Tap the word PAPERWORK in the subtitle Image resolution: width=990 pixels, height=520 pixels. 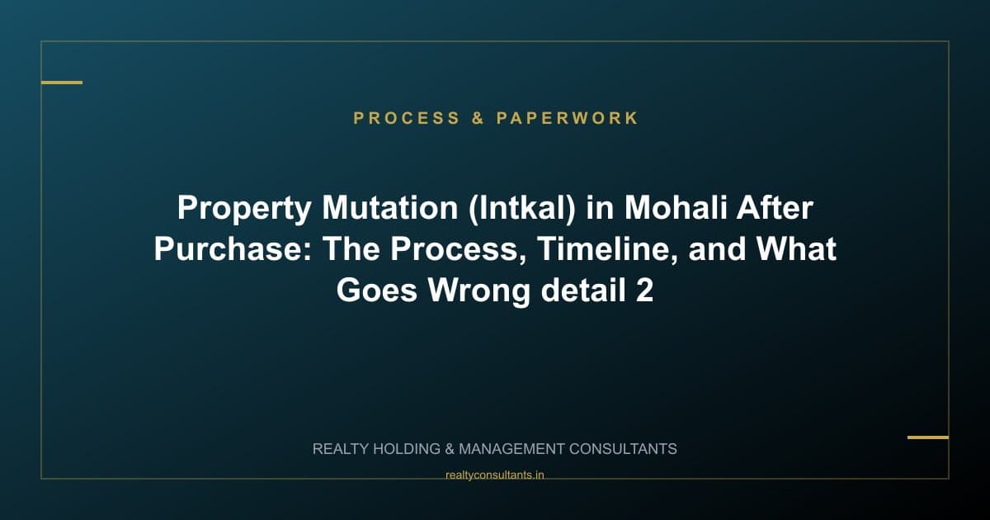pyautogui.click(x=568, y=118)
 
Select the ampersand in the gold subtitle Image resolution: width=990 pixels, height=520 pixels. pyautogui.click(x=478, y=118)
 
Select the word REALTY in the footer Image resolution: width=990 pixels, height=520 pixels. pyautogui.click(x=341, y=449)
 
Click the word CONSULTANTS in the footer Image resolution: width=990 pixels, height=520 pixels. pyautogui.click(x=624, y=449)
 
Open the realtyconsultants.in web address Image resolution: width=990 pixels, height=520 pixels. pyautogui.click(x=495, y=475)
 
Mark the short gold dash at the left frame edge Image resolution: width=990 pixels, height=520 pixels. pyautogui.click(x=62, y=83)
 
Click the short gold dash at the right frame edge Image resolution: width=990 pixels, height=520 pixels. pyautogui.click(x=928, y=437)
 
